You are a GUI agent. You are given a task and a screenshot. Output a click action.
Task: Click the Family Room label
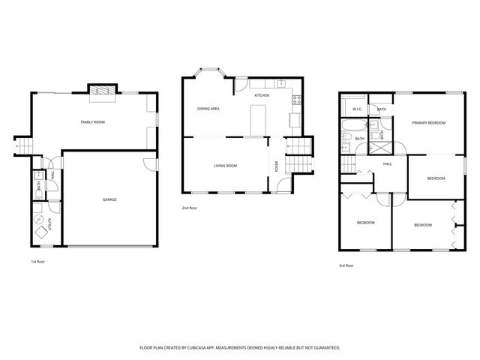(x=93, y=121)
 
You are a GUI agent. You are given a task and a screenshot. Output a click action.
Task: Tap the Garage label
(x=109, y=199)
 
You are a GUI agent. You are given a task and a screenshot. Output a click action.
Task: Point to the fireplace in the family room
(x=102, y=93)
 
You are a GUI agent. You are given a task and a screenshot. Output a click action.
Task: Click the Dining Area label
(x=208, y=109)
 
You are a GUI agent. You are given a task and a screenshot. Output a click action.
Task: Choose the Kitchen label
(x=262, y=96)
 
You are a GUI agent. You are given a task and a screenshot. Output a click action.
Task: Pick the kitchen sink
(x=281, y=83)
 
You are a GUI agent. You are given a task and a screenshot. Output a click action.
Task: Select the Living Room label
(x=225, y=166)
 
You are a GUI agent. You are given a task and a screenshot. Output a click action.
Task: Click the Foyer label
(x=276, y=167)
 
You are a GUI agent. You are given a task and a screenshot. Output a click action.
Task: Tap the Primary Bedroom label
(x=428, y=122)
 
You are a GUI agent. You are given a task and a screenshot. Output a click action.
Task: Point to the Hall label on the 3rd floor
(x=388, y=163)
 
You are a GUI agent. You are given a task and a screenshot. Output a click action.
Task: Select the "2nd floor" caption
(x=189, y=208)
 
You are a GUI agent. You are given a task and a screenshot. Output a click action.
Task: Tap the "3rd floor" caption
(x=346, y=265)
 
